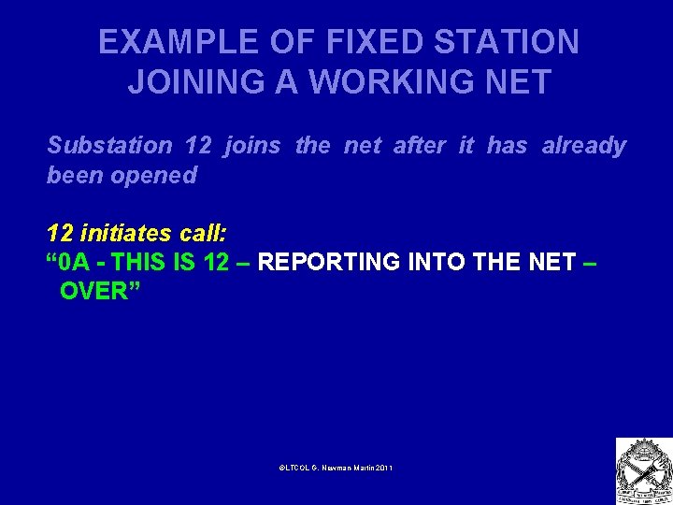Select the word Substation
point(109,146)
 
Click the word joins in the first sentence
point(254,146)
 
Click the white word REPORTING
point(329,262)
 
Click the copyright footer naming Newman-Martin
point(336,467)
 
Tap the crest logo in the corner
point(643,470)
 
